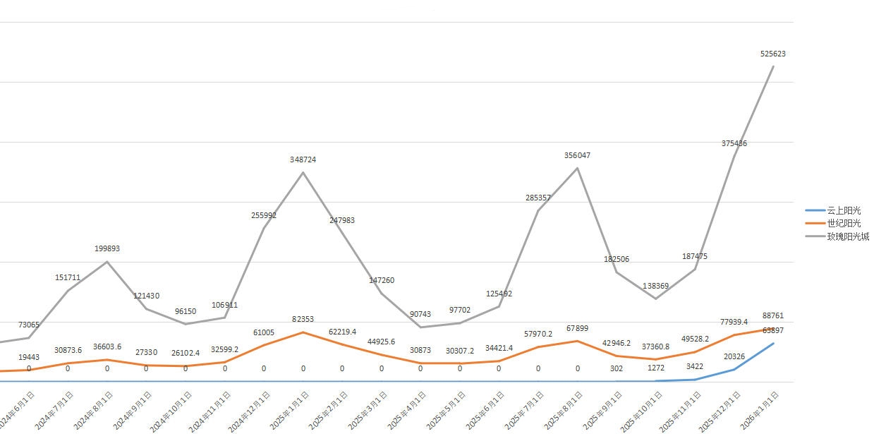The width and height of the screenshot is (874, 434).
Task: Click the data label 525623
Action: click(773, 54)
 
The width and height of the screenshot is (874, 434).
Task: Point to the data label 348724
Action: click(303, 159)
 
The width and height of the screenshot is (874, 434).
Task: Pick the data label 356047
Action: click(577, 155)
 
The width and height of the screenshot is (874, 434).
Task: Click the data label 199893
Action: click(107, 248)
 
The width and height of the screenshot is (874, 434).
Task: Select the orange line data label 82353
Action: click(303, 320)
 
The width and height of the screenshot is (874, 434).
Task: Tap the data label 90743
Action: click(420, 314)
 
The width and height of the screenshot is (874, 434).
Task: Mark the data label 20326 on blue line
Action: click(734, 356)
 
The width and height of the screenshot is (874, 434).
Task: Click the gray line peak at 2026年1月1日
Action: click(773, 66)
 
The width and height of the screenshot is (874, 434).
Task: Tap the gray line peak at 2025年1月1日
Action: click(303, 172)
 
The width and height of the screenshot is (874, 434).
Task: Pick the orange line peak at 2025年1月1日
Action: click(303, 332)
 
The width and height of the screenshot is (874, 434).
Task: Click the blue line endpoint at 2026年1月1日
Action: click(773, 344)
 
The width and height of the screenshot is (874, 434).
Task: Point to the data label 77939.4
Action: click(734, 322)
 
